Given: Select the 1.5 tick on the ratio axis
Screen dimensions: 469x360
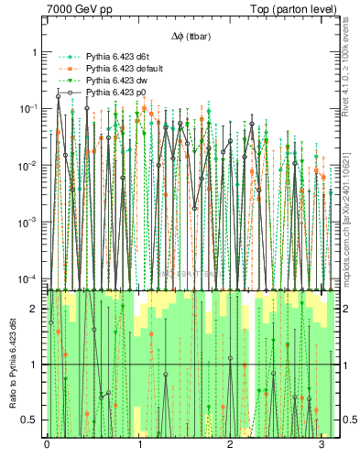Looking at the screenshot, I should [31, 337].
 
